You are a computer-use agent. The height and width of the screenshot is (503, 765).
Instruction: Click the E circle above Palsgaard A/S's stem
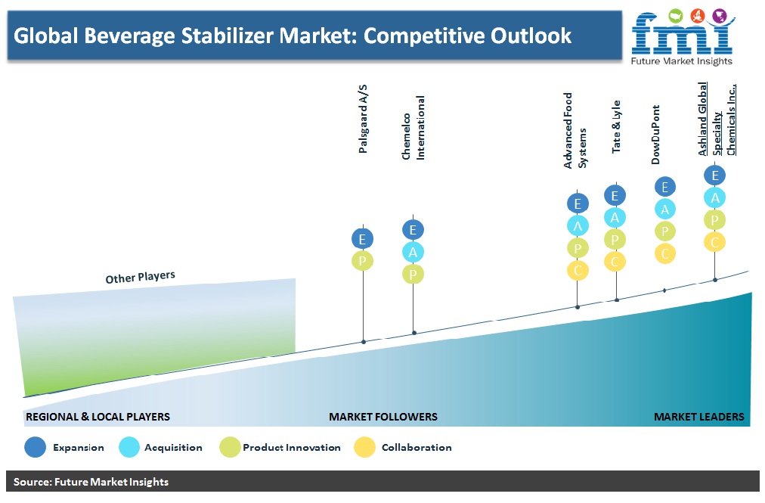click(x=363, y=239)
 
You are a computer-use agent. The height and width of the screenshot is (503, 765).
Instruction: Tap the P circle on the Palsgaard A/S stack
click(x=363, y=261)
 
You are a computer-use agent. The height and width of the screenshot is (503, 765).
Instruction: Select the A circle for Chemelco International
click(x=413, y=252)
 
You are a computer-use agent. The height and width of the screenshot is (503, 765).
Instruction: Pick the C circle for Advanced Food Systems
click(x=578, y=270)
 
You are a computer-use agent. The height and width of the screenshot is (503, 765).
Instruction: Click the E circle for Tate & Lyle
click(x=615, y=195)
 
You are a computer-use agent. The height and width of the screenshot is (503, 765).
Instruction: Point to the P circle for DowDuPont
click(x=665, y=231)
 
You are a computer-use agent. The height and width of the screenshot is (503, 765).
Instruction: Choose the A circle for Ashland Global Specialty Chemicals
click(x=715, y=197)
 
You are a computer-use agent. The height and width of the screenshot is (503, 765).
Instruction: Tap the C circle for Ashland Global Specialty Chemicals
click(x=715, y=242)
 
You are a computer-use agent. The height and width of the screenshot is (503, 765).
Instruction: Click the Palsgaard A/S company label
click(x=363, y=119)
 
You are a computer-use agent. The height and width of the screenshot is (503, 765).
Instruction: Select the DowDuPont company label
click(x=655, y=135)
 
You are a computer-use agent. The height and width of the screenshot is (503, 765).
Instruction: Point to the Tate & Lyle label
click(x=616, y=126)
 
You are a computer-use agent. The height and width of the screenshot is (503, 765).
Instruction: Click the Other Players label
click(x=140, y=277)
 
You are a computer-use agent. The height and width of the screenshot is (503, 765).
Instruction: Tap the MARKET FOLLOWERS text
click(x=383, y=417)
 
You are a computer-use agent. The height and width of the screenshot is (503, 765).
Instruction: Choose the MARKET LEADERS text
click(x=698, y=417)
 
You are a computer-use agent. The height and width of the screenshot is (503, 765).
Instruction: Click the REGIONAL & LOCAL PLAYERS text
click(x=98, y=417)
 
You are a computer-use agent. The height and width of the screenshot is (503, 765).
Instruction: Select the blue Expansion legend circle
click(x=35, y=447)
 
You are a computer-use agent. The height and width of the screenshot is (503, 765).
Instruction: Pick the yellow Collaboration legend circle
click(x=364, y=447)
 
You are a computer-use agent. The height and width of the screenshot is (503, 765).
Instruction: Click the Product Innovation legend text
click(x=292, y=447)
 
